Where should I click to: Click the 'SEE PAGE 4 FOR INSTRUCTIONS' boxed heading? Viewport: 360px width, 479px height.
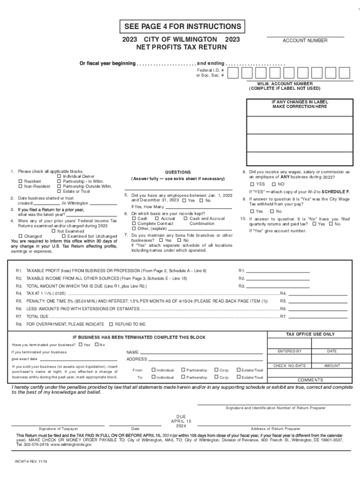(181, 27)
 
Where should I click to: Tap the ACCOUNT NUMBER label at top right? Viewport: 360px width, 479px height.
(305, 41)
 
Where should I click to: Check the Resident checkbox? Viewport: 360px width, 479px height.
(20, 181)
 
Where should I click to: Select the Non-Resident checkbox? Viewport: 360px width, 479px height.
(20, 186)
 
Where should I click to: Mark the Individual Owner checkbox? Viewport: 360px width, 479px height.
(59, 176)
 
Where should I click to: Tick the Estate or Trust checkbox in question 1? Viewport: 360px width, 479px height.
(59, 191)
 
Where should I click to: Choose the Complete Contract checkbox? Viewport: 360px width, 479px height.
(134, 224)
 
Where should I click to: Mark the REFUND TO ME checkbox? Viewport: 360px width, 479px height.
(111, 324)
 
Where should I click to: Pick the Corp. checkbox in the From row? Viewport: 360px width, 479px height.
(216, 370)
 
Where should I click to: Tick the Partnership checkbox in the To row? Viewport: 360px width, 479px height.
(183, 377)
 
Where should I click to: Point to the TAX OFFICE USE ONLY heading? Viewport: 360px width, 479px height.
(310, 334)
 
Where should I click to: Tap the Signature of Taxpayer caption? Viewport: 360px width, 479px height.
(58, 428)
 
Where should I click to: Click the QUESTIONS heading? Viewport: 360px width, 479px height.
(178, 172)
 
